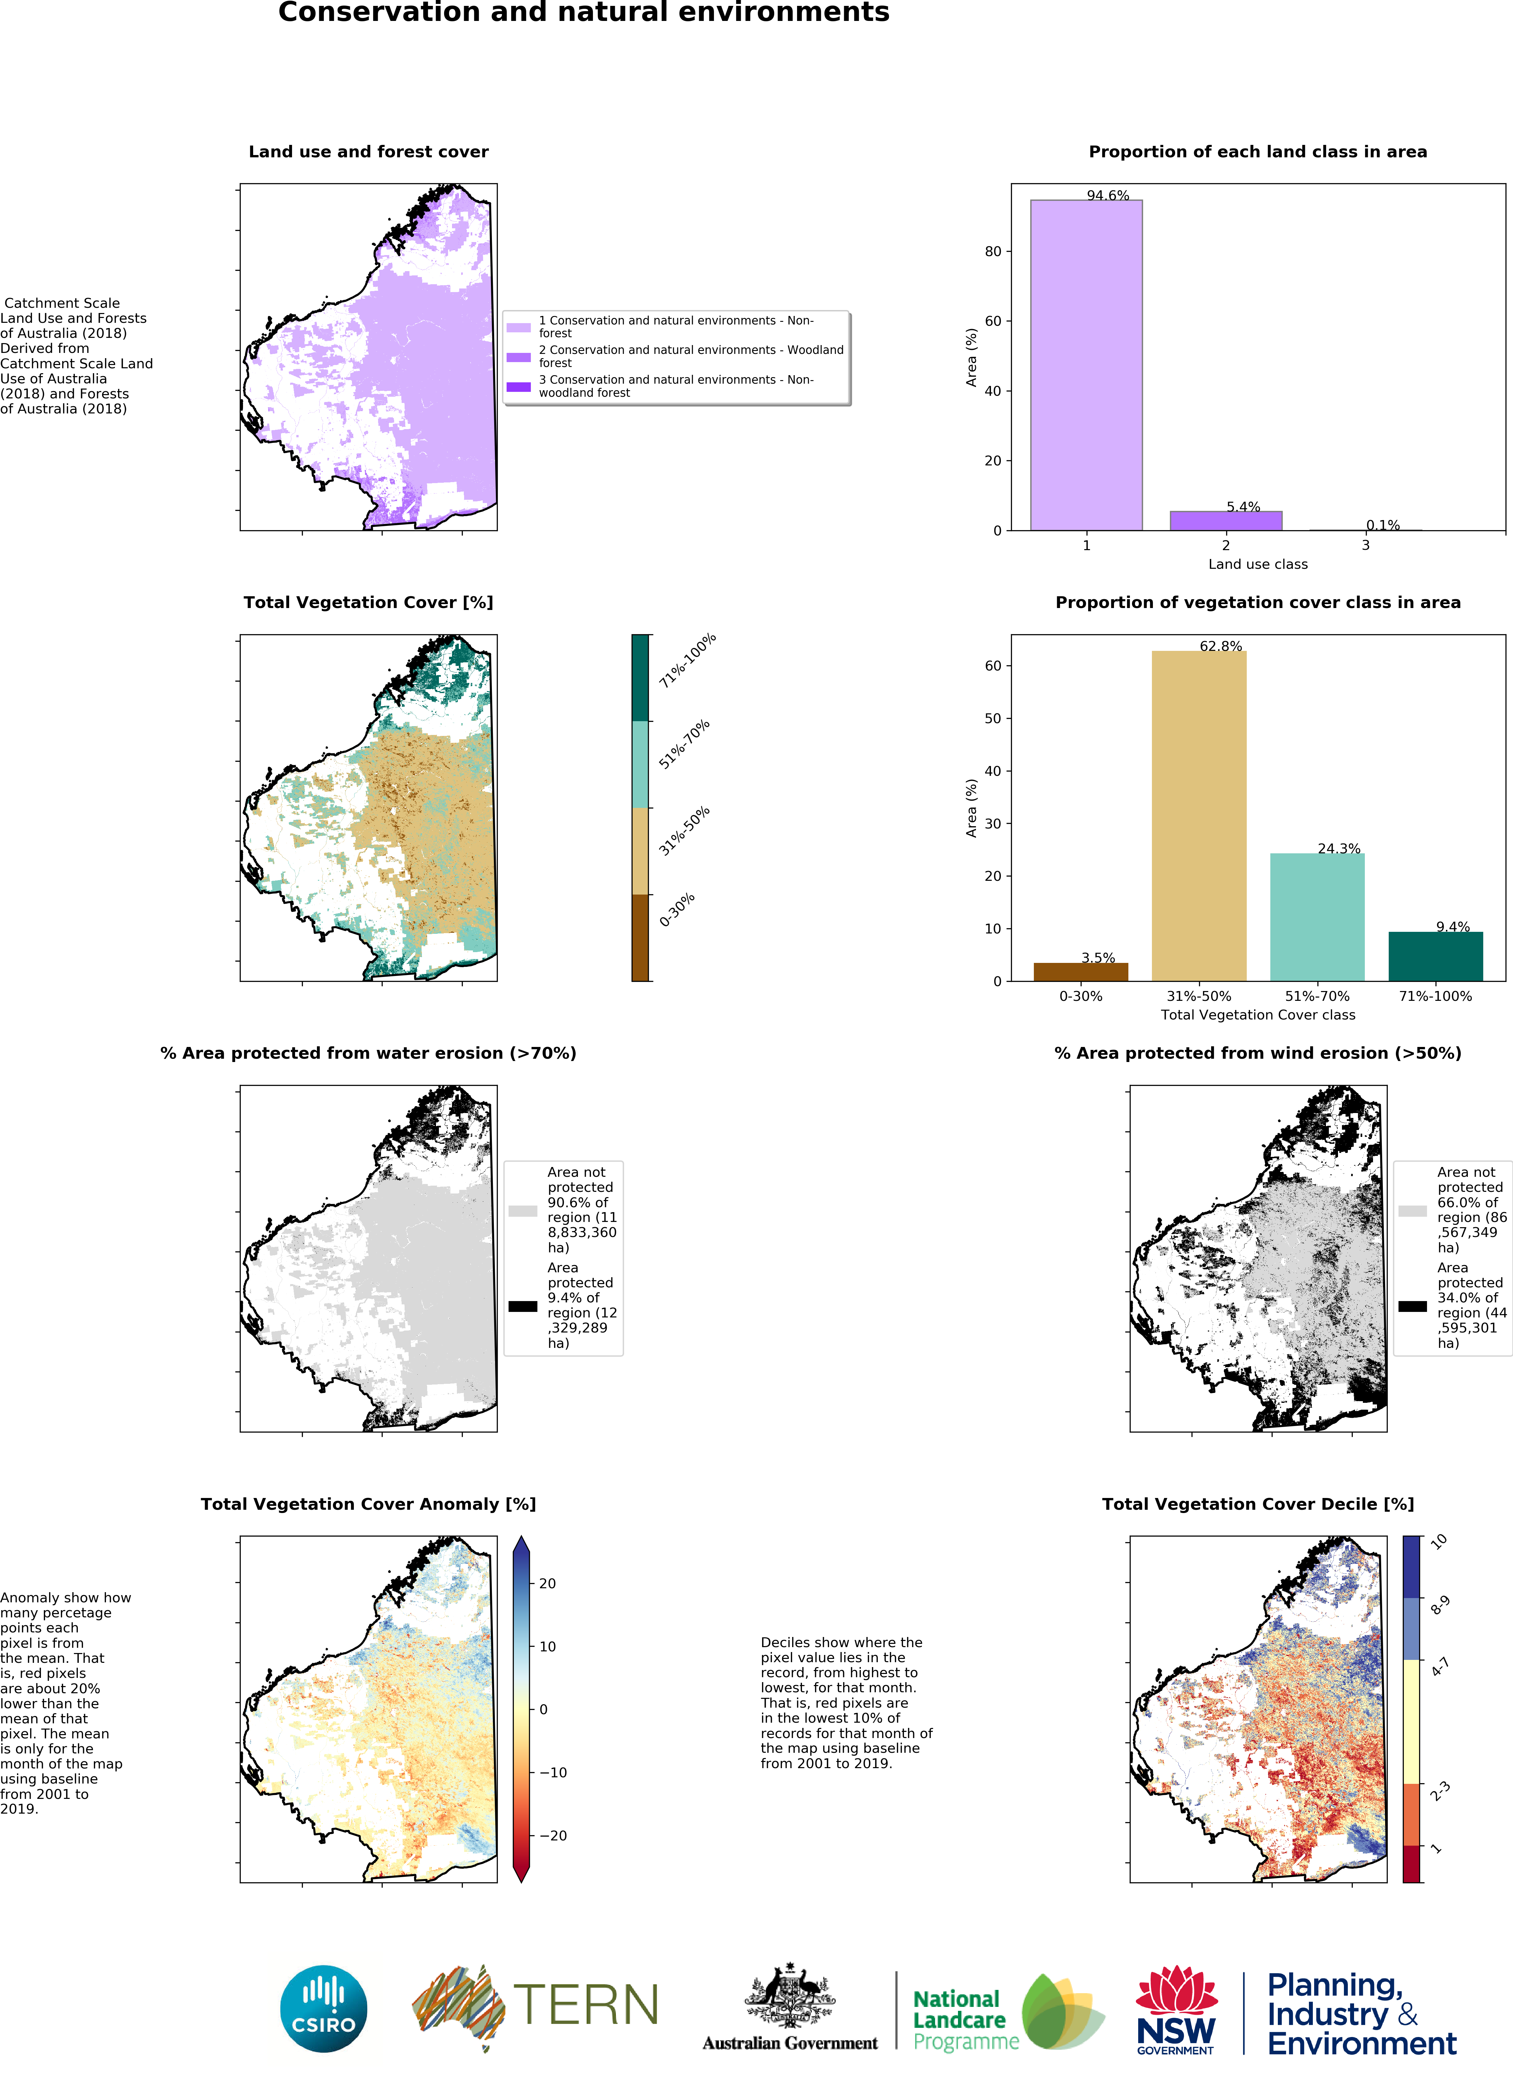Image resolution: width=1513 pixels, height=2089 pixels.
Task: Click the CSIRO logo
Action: pyautogui.click(x=323, y=2009)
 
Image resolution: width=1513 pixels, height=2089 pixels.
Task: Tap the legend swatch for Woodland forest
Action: pyautogui.click(x=518, y=357)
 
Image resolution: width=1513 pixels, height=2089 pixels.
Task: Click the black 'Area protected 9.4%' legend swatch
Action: pyautogui.click(x=522, y=1306)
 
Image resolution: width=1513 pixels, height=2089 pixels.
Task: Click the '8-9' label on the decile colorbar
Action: pyautogui.click(x=1439, y=1606)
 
